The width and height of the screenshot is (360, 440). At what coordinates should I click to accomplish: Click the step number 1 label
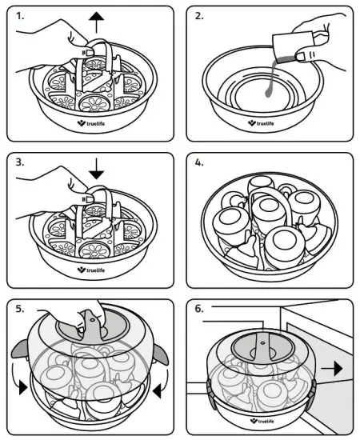(20, 16)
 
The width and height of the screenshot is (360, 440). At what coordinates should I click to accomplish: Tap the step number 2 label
(199, 16)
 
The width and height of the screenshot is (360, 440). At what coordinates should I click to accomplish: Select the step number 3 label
(20, 162)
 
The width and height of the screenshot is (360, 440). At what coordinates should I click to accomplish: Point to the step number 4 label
(199, 162)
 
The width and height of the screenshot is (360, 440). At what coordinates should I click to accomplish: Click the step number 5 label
(20, 309)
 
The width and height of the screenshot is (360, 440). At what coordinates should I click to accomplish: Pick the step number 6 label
(199, 309)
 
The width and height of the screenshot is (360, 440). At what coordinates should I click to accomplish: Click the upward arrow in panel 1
(96, 23)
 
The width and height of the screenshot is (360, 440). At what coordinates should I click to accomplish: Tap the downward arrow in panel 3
(96, 169)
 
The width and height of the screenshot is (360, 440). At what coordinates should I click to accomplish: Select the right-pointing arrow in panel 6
(332, 368)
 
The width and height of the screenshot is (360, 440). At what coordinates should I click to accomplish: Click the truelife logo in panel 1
(91, 123)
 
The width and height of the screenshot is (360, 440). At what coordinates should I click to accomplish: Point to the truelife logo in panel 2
(261, 123)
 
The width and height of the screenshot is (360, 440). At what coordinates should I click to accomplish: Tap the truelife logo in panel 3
(91, 270)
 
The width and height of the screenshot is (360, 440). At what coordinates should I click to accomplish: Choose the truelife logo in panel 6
(262, 421)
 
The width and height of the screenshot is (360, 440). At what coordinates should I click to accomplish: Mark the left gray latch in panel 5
(20, 349)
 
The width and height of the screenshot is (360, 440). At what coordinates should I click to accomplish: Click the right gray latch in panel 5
(161, 354)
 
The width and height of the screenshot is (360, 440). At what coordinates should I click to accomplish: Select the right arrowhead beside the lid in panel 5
(157, 391)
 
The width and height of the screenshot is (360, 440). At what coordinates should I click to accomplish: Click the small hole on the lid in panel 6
(263, 343)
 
